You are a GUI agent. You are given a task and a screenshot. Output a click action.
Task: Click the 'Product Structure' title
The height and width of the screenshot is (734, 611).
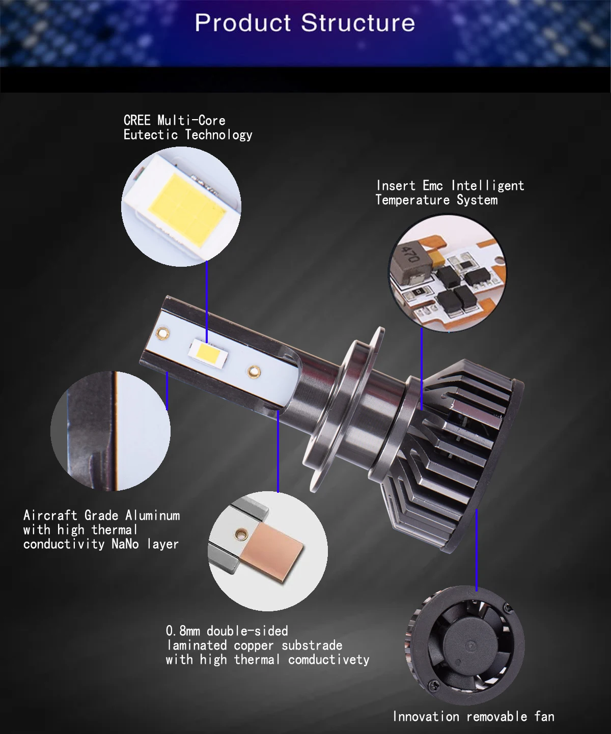point(304,23)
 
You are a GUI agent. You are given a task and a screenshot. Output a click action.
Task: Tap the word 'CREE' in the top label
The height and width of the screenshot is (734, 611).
point(137,121)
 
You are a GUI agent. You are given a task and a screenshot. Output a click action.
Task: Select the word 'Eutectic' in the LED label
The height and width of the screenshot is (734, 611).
point(151,135)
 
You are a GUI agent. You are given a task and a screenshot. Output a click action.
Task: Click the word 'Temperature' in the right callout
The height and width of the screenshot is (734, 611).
point(412,200)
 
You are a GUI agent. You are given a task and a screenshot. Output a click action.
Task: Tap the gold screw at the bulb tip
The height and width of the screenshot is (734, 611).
point(163,333)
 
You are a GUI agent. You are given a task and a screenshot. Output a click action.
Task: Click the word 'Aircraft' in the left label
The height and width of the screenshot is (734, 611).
point(50,516)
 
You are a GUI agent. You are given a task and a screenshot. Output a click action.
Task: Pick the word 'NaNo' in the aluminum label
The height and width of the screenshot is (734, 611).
point(125,544)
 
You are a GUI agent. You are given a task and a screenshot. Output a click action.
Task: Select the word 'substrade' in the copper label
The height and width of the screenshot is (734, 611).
point(312,645)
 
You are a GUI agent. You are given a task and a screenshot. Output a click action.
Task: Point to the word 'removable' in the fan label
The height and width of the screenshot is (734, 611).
point(496,717)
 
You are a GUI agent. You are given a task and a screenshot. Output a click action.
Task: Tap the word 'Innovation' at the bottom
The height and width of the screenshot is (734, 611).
point(426,717)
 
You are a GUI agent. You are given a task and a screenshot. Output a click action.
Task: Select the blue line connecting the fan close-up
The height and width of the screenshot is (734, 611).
point(476,550)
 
